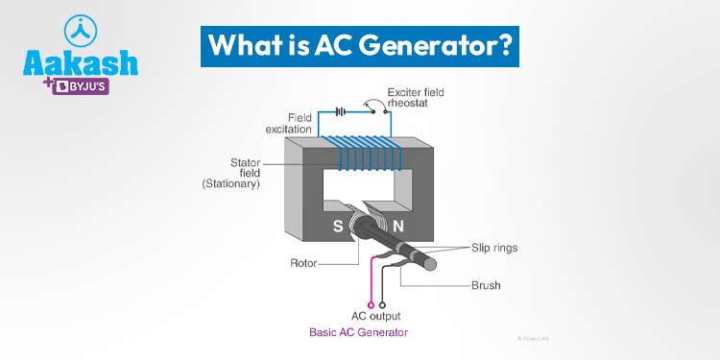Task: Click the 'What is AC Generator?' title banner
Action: [360, 46]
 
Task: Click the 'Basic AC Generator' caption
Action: [358, 333]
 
